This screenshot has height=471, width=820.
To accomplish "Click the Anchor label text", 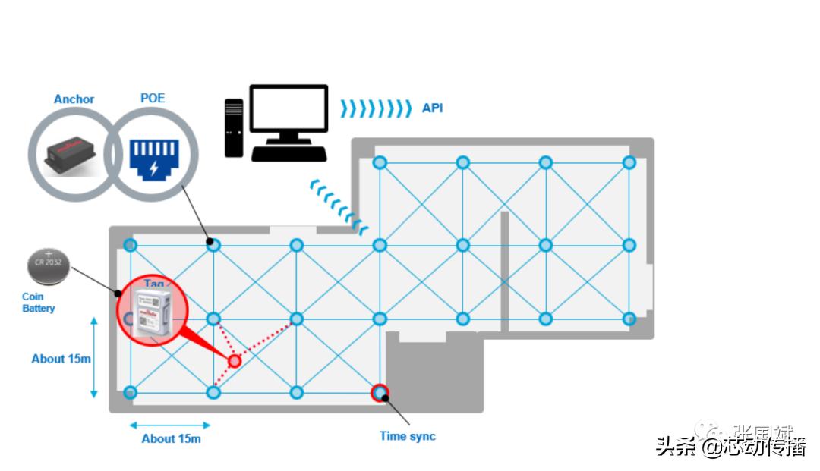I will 74,99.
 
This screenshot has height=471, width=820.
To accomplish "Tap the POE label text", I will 153,99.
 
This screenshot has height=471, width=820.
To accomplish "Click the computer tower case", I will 234,127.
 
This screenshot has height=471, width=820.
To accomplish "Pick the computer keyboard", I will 289,153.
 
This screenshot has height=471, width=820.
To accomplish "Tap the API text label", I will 432,108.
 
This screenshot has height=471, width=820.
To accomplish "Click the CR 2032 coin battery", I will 47,266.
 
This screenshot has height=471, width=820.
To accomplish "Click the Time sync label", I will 408,436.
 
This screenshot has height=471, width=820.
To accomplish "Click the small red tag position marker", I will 235,361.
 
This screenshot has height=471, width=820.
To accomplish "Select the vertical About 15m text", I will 61,359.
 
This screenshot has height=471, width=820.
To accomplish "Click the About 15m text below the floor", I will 171,438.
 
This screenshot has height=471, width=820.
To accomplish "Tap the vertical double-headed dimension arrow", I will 94,357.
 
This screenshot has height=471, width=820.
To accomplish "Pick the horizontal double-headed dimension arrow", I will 170,424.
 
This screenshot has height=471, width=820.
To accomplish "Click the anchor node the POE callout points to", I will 214,245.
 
